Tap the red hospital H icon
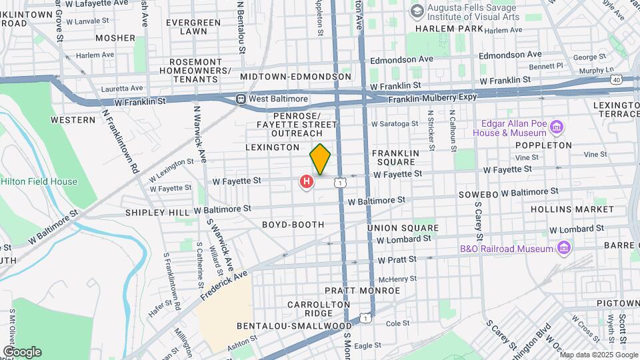click(x=306, y=181)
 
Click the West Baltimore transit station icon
click(x=241, y=99)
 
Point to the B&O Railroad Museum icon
click(x=564, y=249)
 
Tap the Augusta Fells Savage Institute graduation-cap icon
click(x=417, y=11)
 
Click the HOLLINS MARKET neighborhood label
click(x=572, y=209)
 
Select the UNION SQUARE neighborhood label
click(x=403, y=228)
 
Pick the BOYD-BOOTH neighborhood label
click(x=293, y=225)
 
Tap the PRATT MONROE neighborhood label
click(x=362, y=291)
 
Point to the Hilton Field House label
click(x=39, y=181)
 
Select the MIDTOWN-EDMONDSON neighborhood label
click(x=295, y=77)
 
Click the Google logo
click(x=22, y=351)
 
